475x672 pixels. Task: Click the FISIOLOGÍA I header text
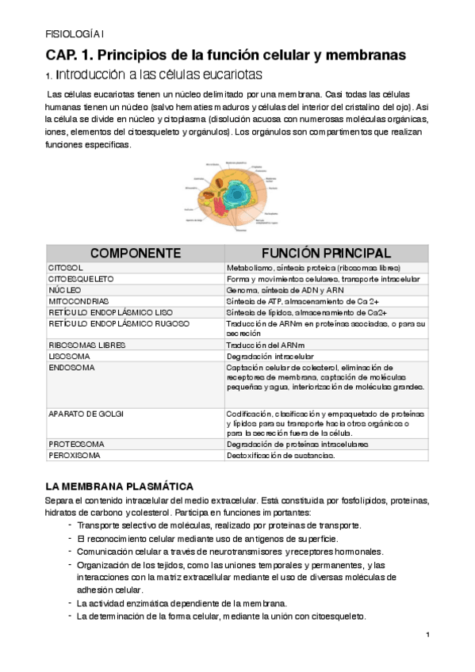point(70,33)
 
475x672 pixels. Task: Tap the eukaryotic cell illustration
point(231,193)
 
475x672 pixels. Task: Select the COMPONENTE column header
point(135,254)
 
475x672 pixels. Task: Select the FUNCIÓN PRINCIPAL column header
point(325,254)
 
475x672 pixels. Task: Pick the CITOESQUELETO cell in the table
point(82,280)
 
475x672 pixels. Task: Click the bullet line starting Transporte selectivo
point(219,525)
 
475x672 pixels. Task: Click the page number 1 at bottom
point(427,634)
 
